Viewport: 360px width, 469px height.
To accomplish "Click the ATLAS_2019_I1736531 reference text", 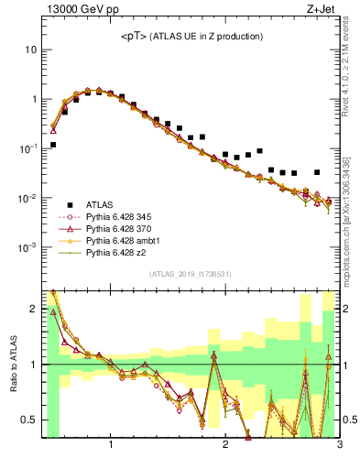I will [x=191, y=274].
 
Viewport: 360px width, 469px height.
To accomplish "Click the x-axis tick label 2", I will [x=225, y=445].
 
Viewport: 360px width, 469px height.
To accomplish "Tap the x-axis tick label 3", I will [x=338, y=445].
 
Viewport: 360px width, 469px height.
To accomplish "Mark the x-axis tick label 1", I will [x=111, y=445].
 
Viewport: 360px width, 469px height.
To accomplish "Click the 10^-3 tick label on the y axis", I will [x=27, y=248].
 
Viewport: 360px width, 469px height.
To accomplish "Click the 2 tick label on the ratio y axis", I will [x=33, y=309].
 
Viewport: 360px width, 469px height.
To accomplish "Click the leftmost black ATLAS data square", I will [x=53, y=145].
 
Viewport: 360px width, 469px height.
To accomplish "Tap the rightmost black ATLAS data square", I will [x=317, y=172].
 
